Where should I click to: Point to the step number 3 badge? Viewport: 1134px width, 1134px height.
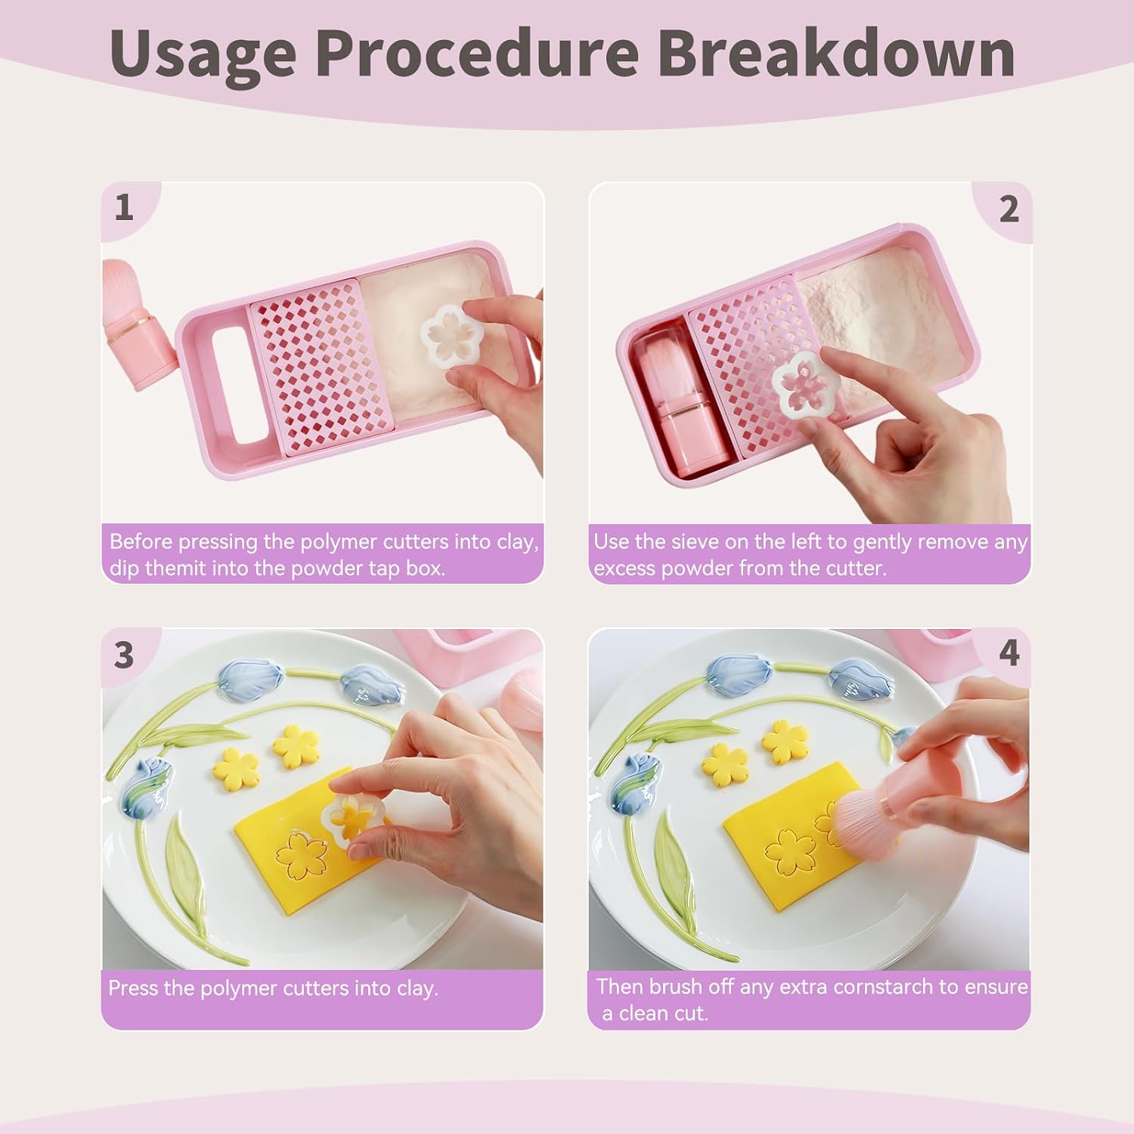click(x=124, y=655)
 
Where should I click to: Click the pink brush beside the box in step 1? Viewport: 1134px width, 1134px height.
click(x=136, y=325)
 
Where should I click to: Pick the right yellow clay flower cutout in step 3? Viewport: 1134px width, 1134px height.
click(x=296, y=745)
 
